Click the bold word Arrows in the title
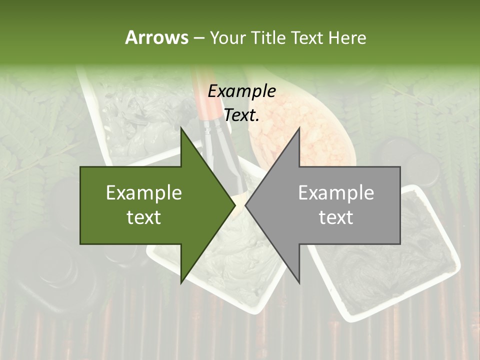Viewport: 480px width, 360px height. point(156,37)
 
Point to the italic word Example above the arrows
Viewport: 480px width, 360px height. point(241,91)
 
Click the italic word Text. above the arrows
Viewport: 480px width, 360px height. point(241,115)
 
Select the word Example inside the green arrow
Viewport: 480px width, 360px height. point(143,193)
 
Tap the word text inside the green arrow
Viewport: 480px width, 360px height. point(143,217)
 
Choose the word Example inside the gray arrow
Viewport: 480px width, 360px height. point(336,193)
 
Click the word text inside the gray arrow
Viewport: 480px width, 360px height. point(336,217)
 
